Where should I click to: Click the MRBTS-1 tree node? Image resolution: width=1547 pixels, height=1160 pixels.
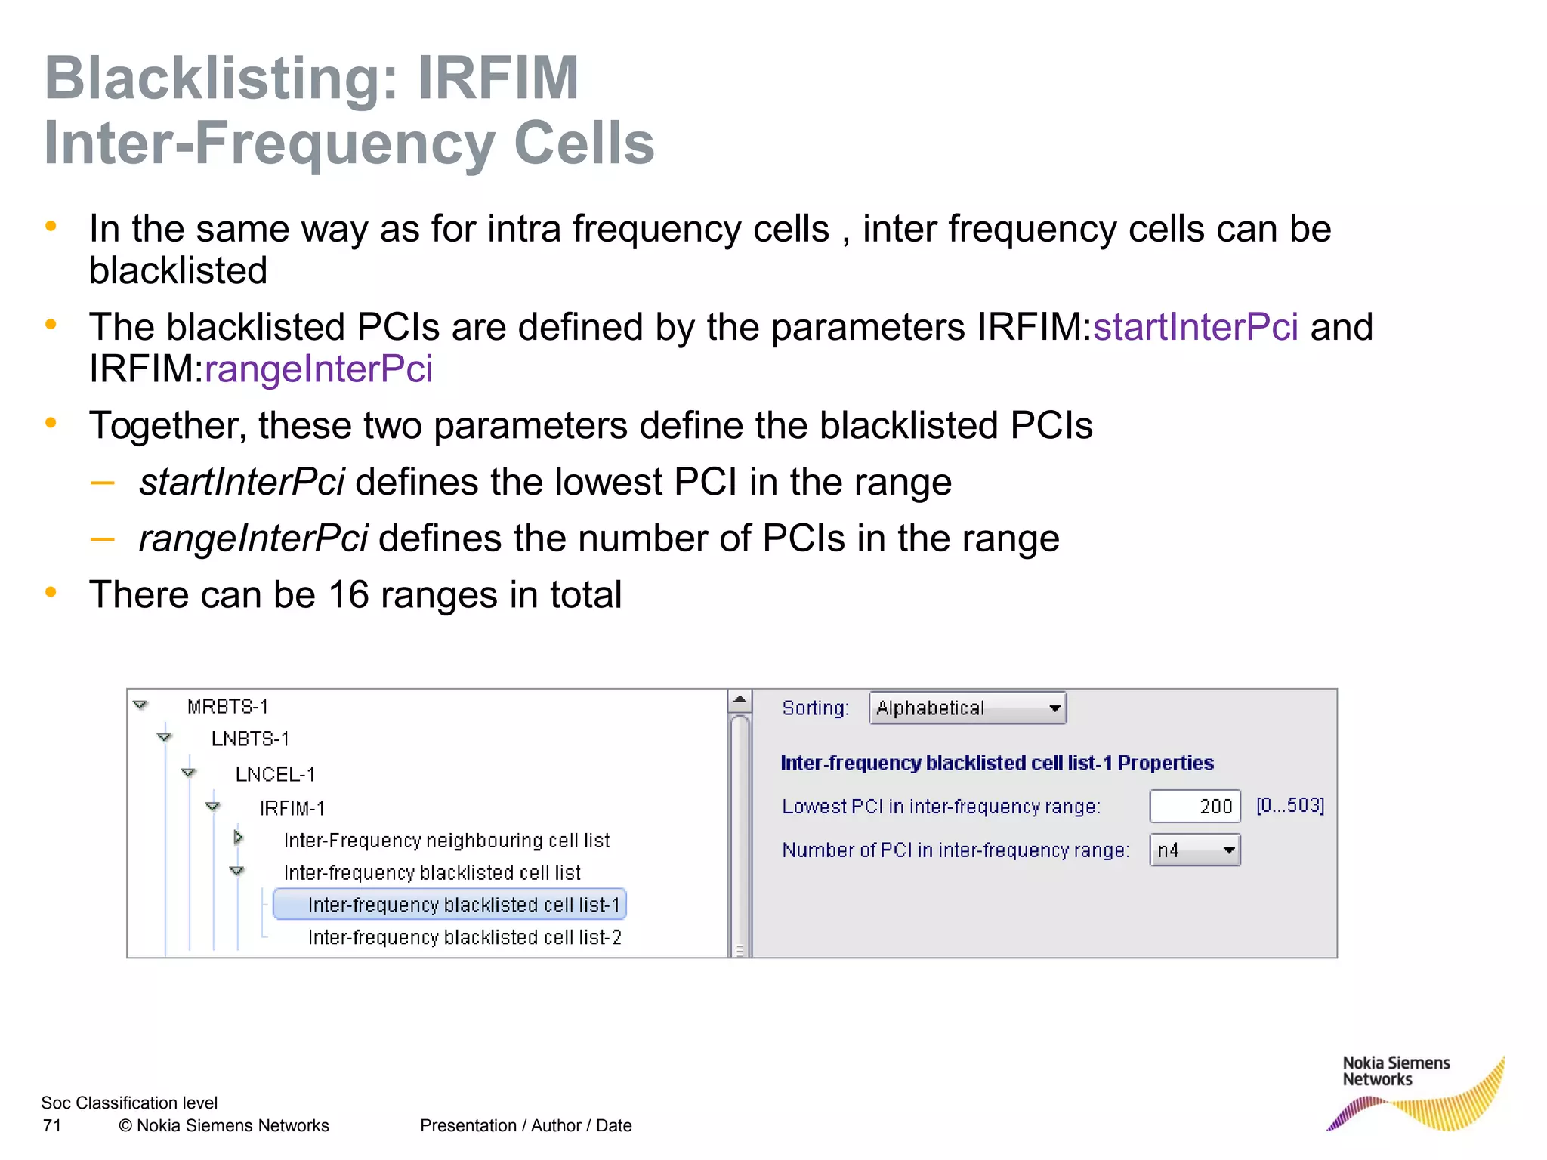point(227,707)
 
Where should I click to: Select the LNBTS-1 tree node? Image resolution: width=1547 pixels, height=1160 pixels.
point(250,739)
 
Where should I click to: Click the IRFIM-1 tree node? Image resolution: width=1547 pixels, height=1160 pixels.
point(292,809)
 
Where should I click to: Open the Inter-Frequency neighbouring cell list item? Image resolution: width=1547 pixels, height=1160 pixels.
point(446,841)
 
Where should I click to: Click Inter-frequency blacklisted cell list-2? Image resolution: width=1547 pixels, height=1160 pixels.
point(465,938)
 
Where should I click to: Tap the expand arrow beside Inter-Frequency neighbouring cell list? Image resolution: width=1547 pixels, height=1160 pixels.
point(238,838)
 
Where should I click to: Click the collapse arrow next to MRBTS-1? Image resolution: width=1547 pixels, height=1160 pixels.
point(140,705)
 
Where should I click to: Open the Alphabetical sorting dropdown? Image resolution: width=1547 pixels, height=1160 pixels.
point(967,708)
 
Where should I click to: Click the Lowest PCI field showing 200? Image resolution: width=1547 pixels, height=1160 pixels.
point(1194,807)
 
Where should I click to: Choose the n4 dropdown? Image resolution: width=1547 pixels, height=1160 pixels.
point(1194,850)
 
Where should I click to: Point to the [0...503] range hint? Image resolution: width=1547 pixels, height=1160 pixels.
point(1289,806)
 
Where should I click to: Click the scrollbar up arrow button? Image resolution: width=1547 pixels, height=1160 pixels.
point(740,700)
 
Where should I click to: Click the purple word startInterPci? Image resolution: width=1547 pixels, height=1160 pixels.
point(1195,327)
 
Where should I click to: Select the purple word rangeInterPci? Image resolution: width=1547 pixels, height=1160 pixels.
point(318,369)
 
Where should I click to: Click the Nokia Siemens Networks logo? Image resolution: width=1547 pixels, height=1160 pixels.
point(1413,1092)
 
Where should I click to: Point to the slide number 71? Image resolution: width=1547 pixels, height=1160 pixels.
point(52,1126)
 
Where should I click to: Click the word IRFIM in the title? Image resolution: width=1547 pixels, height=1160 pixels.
point(498,78)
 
